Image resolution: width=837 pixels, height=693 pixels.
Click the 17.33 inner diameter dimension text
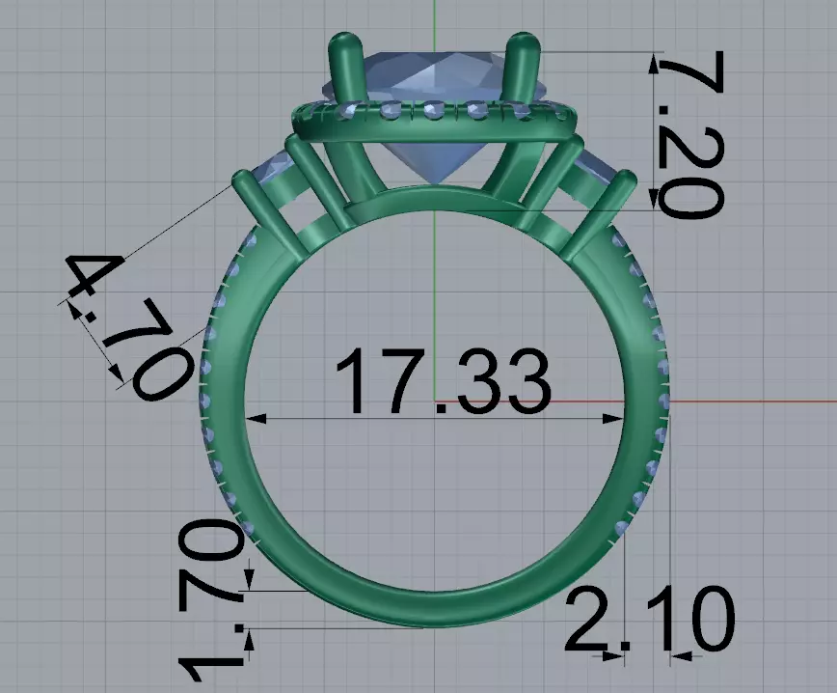(x=443, y=383)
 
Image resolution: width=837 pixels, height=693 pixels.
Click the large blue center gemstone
(x=434, y=106)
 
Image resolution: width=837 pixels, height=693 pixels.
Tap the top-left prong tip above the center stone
(x=342, y=43)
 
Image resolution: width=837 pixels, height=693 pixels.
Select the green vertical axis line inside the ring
(x=435, y=290)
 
